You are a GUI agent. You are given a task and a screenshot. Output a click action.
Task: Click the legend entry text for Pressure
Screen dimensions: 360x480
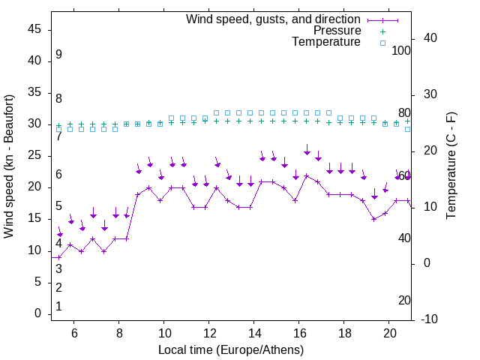[337, 31]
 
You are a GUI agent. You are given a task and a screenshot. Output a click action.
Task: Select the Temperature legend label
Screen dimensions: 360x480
[326, 43]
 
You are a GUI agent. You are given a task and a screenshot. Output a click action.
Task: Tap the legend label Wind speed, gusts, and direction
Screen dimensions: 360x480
[274, 19]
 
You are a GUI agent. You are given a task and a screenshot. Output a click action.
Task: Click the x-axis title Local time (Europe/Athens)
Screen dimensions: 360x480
[231, 350]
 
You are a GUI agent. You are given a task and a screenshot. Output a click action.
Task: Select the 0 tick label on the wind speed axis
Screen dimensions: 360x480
[37, 314]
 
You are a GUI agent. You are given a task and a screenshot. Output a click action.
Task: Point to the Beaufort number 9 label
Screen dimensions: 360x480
[58, 55]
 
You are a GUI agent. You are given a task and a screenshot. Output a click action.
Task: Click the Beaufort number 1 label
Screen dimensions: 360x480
[58, 307]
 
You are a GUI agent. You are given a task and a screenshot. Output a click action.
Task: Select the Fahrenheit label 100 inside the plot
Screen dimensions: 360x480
[401, 50]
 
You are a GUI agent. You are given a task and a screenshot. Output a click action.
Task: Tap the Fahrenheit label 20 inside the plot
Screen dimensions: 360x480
[404, 300]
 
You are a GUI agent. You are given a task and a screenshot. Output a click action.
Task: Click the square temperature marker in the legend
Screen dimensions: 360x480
[382, 43]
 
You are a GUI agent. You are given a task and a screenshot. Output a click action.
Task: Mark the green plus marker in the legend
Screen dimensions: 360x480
[382, 31]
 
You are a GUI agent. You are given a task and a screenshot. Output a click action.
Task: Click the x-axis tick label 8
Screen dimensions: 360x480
[118, 333]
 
